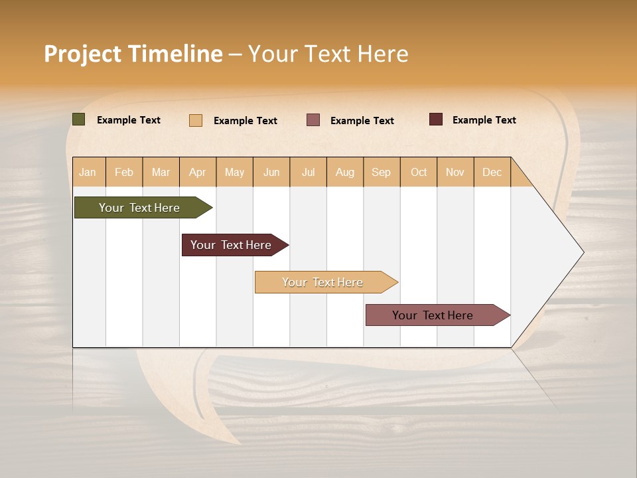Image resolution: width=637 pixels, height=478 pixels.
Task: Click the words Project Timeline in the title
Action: (x=133, y=54)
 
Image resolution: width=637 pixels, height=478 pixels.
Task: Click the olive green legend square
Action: (x=78, y=119)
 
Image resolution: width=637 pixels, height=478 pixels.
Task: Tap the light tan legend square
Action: (x=195, y=120)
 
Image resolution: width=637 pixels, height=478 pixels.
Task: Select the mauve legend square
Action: (x=313, y=120)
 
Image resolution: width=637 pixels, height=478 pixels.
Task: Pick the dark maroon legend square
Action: (x=435, y=119)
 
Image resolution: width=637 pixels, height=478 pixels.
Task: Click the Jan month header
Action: (x=88, y=172)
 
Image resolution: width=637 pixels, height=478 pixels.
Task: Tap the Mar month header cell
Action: (x=161, y=172)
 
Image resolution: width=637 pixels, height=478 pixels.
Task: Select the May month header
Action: (x=234, y=172)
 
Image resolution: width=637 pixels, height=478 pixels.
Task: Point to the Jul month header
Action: (x=308, y=172)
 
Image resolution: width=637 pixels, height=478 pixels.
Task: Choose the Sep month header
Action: (x=381, y=172)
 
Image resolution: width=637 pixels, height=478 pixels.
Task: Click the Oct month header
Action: (x=418, y=172)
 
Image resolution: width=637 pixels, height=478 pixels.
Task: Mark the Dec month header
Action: (x=492, y=172)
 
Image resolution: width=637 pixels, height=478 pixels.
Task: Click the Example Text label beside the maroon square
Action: (x=484, y=120)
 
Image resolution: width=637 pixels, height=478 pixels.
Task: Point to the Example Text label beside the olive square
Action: (x=128, y=120)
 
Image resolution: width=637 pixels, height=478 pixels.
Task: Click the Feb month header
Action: (x=124, y=172)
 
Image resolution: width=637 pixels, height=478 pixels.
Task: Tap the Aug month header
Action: (x=344, y=172)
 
